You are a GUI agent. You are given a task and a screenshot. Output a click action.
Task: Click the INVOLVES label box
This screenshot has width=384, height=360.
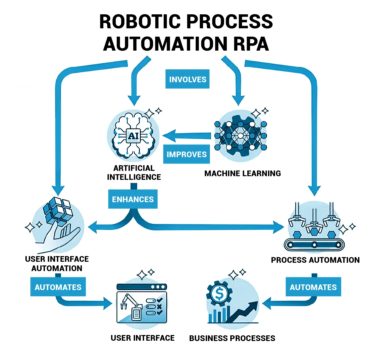(187, 79)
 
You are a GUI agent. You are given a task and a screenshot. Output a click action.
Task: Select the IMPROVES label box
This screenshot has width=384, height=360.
(186, 154)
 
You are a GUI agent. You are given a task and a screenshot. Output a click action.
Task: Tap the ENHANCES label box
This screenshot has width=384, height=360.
(133, 199)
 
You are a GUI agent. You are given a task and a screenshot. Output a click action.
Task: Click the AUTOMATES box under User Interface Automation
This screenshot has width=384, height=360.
(58, 287)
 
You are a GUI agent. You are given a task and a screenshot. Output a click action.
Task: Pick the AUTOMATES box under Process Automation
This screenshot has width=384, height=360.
(313, 287)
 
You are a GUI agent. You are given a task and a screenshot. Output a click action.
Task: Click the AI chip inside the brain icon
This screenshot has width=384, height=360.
(133, 136)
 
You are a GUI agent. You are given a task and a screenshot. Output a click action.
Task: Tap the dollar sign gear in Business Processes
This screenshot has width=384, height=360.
(219, 293)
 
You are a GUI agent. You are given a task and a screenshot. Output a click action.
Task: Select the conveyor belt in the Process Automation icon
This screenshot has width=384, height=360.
(314, 245)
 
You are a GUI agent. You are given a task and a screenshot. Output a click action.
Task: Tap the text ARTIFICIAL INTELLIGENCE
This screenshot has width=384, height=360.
(134, 173)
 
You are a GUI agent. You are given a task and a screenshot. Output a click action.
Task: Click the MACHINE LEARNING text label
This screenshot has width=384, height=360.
(242, 174)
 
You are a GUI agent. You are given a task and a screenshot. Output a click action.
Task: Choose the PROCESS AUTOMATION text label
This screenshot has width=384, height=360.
(315, 260)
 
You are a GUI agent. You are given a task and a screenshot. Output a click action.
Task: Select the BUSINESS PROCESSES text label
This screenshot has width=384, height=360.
(232, 338)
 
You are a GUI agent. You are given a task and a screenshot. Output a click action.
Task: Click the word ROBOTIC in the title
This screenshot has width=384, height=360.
(140, 22)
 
